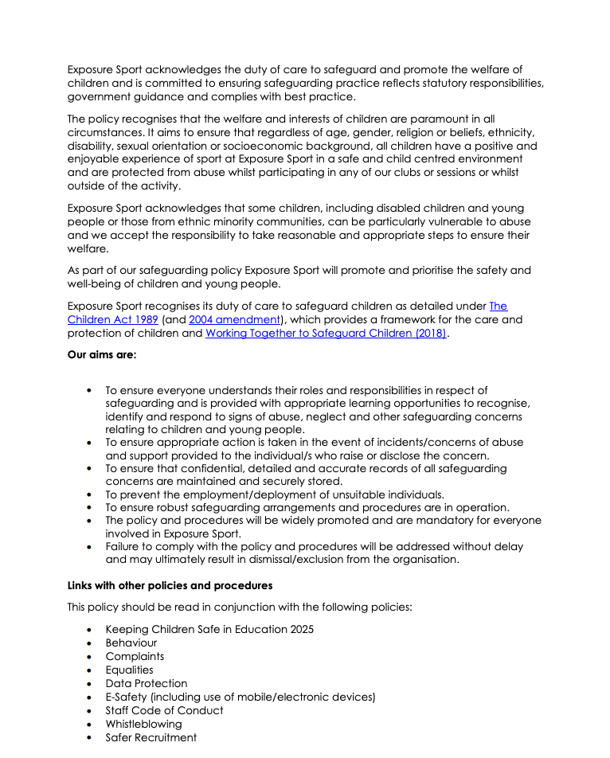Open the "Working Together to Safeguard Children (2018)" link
(326, 334)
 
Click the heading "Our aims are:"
(102, 355)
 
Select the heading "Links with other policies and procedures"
(170, 585)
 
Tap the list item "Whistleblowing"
(143, 724)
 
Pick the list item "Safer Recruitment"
(151, 737)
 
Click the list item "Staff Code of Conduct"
(164, 710)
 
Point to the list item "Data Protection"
(147, 683)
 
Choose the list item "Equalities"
(129, 670)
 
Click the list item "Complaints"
(135, 656)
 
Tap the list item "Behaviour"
(131, 643)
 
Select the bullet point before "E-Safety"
(89, 697)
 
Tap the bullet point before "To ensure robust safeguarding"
(89, 508)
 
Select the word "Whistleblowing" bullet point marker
(89, 725)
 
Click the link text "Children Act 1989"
(112, 320)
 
